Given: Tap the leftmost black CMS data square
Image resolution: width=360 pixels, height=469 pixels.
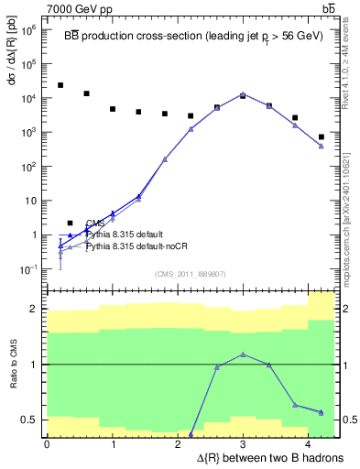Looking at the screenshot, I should coord(60,85).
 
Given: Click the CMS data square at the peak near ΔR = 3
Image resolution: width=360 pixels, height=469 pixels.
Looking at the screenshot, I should coord(243,95).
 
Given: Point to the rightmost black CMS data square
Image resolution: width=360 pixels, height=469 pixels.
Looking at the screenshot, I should coord(321,136).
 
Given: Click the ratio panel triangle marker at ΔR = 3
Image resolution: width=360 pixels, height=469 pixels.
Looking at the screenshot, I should coord(243,354).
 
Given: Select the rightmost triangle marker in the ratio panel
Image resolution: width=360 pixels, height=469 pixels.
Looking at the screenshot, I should coord(321,412).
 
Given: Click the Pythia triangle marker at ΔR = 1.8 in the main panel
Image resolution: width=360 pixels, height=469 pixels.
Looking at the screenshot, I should coord(165,159).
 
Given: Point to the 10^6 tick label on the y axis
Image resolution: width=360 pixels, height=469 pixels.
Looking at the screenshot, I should coord(30,30).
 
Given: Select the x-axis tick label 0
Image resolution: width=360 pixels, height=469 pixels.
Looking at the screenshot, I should coord(47,444).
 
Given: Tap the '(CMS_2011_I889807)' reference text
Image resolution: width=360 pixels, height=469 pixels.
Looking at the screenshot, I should coord(190,274).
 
